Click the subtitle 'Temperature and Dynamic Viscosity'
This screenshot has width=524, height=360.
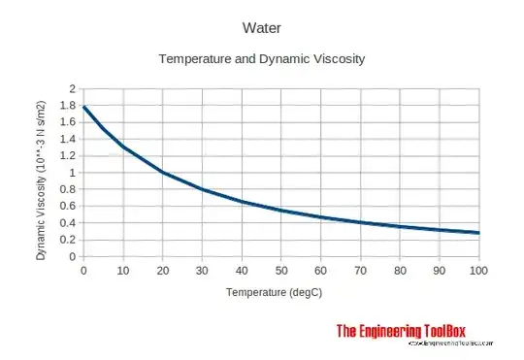261,59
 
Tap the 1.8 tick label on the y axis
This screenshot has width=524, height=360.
67,106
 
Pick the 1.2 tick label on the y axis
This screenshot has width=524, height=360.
67,156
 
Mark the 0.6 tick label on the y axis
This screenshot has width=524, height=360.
67,207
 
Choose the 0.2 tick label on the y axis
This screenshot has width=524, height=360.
67,240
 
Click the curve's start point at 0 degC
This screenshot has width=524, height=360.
84,107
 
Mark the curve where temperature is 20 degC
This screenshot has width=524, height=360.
163,173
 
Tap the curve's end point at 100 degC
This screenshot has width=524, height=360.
478,233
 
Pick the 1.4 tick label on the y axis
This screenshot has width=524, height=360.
67,140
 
